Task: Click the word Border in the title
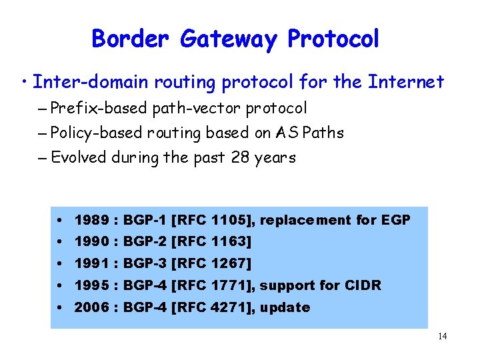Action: click(130, 39)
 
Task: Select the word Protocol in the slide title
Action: click(333, 39)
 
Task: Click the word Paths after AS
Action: click(323, 133)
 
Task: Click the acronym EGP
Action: click(396, 220)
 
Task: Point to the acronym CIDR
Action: click(363, 285)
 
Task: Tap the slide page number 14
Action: click(442, 337)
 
